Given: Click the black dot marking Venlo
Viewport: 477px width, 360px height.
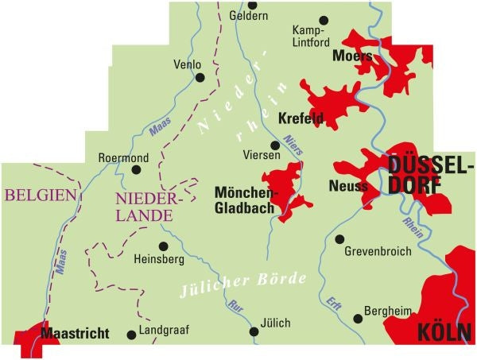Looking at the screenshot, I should pyautogui.click(x=200, y=78).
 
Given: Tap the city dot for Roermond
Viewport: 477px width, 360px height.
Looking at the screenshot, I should pyautogui.click(x=136, y=169).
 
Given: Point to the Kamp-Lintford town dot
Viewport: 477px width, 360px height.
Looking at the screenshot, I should pyautogui.click(x=323, y=21).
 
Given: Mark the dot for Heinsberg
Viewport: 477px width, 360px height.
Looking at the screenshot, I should pyautogui.click(x=163, y=246).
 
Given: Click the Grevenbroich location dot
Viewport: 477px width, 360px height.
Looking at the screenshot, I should pyautogui.click(x=339, y=239).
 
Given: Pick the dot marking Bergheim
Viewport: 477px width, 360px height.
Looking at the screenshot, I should pyautogui.click(x=358, y=318).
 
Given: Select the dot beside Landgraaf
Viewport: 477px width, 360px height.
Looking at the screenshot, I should pyautogui.click(x=131, y=335).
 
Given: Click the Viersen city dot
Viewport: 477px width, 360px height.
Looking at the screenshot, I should pyautogui.click(x=275, y=145).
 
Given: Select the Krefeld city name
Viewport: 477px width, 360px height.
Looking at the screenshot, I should pyautogui.click(x=301, y=119).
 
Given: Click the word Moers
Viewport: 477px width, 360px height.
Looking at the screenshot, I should pyautogui.click(x=353, y=56).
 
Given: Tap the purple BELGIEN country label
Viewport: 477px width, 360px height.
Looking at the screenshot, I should pyautogui.click(x=41, y=195).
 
